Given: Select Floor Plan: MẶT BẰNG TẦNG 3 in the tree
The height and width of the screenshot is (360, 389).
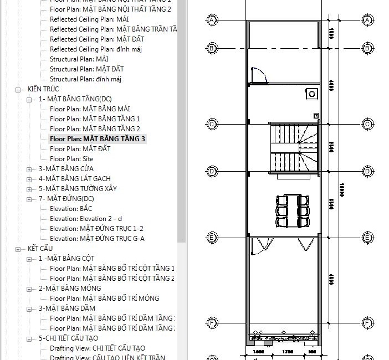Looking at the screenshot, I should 98,139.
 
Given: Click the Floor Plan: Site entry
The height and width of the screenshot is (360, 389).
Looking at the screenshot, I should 71,159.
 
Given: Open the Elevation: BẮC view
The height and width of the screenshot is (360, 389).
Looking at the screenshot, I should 71,209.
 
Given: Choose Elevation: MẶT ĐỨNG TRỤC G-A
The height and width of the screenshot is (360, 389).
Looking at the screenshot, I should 96,239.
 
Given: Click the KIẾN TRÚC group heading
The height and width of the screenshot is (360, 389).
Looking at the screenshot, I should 43,89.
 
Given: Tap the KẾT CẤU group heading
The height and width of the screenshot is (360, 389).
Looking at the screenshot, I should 40,249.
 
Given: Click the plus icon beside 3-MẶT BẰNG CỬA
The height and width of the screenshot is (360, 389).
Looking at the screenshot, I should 29,169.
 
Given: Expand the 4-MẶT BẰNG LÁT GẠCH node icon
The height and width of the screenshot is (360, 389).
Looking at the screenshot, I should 29,179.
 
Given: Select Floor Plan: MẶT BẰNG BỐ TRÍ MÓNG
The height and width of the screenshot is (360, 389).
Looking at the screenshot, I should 104,299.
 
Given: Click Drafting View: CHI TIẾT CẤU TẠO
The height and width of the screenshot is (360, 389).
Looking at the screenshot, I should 98,348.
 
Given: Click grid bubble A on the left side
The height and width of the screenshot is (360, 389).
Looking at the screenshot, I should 212,20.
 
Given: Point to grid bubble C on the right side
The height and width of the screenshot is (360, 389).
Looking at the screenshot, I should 367,124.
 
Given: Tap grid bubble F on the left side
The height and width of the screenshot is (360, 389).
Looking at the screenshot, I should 212,322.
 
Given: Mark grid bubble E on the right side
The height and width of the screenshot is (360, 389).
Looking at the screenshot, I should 367,238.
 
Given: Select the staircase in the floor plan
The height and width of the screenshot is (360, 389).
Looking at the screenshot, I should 294,148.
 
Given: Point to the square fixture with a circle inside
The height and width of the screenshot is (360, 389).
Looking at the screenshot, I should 311,94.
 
